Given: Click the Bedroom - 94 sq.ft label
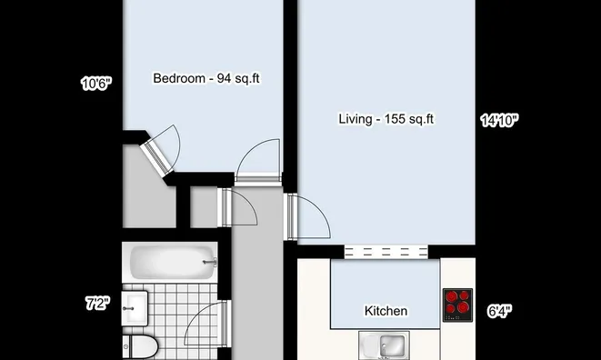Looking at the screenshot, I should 206,78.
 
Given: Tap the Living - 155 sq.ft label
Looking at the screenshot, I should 386,119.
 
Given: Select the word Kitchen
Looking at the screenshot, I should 386,311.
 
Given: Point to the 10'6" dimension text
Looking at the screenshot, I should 95,85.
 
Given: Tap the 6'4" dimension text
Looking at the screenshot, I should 498,311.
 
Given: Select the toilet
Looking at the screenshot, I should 141,345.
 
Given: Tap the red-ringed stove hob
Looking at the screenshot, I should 457,305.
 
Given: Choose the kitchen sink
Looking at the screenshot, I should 385,346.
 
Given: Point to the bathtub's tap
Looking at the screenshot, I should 211,263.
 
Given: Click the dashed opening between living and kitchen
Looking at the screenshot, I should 385,252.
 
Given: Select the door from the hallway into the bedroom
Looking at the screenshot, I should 257,164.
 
